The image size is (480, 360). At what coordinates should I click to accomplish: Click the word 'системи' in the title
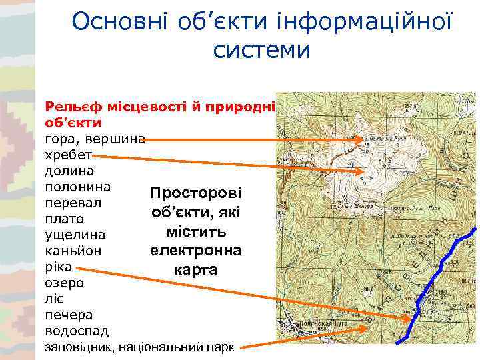pos(262,50)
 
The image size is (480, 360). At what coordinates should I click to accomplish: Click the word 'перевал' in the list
pos(73,203)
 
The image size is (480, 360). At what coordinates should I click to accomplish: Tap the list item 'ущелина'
pos(75,235)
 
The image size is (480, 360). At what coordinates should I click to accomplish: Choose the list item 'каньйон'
pos(73,251)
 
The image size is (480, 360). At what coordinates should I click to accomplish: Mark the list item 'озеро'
pos(64,283)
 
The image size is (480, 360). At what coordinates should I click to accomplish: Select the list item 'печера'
pos(69,315)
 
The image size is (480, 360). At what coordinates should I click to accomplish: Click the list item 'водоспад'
pos(76,331)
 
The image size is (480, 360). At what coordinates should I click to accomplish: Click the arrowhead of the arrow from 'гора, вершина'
pos(363,140)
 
